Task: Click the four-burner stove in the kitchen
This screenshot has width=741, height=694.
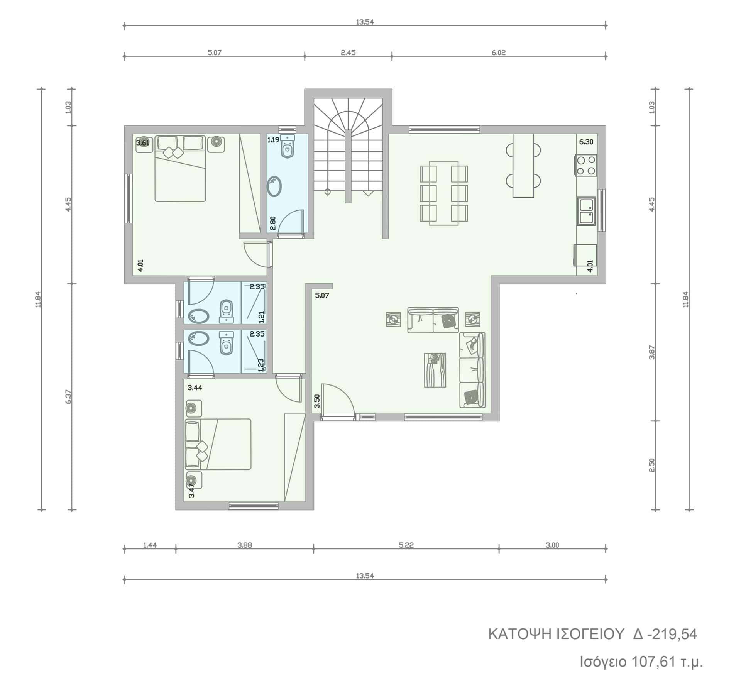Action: pyautogui.click(x=586, y=165)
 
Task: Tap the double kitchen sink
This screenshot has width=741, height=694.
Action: pyautogui.click(x=587, y=211)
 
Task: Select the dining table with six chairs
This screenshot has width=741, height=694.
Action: pyautogui.click(x=444, y=193)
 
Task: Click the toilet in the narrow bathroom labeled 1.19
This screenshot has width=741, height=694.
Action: pyautogui.click(x=287, y=147)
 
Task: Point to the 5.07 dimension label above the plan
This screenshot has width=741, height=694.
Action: pyautogui.click(x=215, y=52)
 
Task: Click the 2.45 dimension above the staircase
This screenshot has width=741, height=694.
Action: pyautogui.click(x=348, y=52)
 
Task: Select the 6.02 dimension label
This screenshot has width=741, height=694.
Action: pyautogui.click(x=499, y=52)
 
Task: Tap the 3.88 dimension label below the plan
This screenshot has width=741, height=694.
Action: pyautogui.click(x=245, y=545)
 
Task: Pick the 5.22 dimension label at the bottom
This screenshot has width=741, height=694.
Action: pyautogui.click(x=406, y=545)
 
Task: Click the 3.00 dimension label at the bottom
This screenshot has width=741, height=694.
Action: pyautogui.click(x=552, y=545)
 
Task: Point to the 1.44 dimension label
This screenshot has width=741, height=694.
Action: pyautogui.click(x=150, y=545)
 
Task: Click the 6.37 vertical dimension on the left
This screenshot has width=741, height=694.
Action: pyautogui.click(x=68, y=396)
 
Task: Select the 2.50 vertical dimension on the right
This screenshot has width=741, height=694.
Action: pyautogui.click(x=652, y=465)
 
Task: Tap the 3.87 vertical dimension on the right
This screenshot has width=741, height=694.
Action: pyautogui.click(x=652, y=352)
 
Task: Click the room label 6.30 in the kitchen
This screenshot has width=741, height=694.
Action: pyautogui.click(x=586, y=142)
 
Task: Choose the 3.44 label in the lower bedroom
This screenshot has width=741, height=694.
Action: pyautogui.click(x=195, y=388)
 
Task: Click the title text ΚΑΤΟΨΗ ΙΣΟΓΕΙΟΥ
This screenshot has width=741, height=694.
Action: pyautogui.click(x=557, y=645)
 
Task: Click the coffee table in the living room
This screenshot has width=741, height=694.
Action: pyautogui.click(x=435, y=370)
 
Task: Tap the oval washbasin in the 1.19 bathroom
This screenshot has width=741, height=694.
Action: pyautogui.click(x=274, y=187)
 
